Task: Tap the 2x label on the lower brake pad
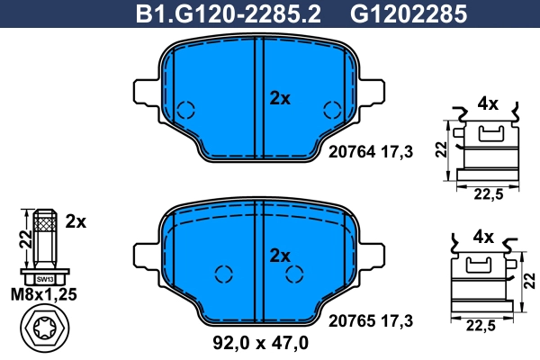[280, 256]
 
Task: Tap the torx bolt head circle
[44, 332]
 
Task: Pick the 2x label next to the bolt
[76, 220]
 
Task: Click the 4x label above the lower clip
[483, 238]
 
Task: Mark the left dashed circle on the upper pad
[185, 111]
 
